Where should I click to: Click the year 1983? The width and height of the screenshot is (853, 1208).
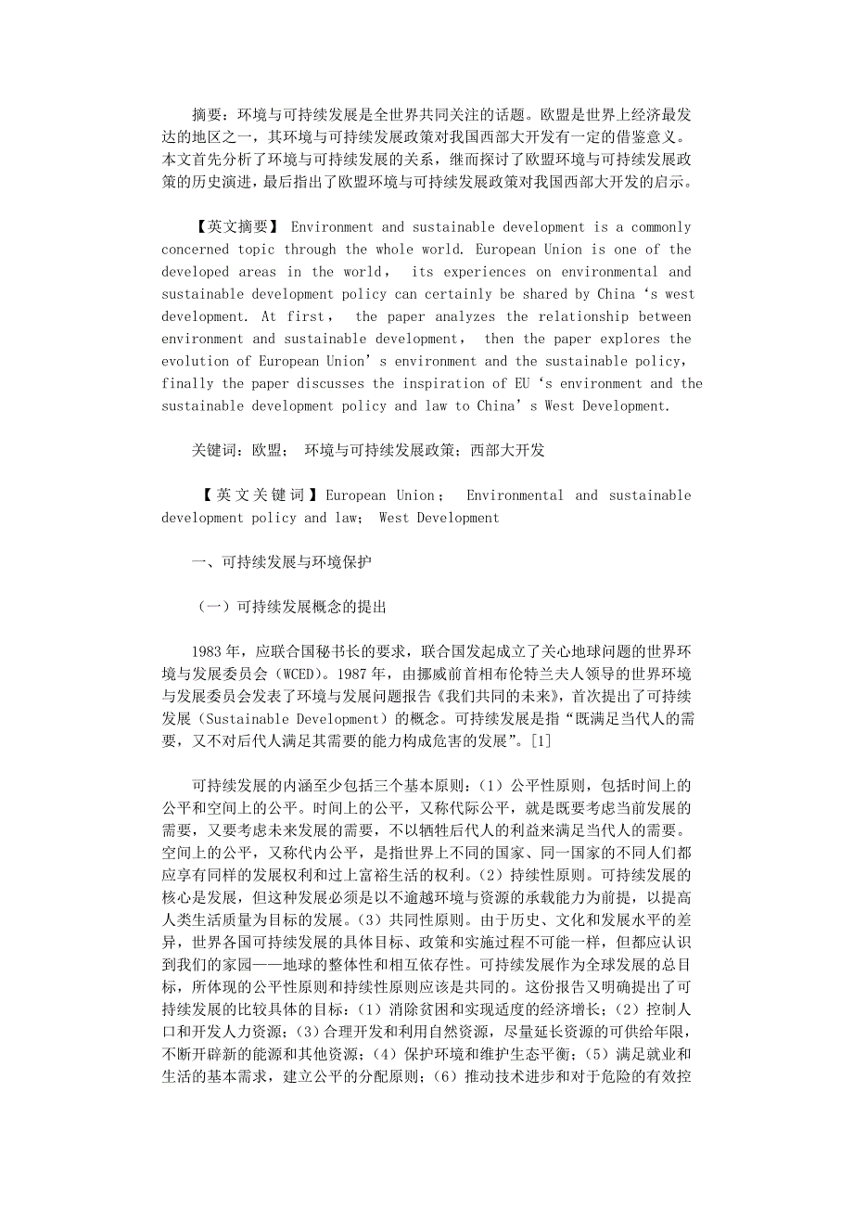(x=208, y=651)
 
